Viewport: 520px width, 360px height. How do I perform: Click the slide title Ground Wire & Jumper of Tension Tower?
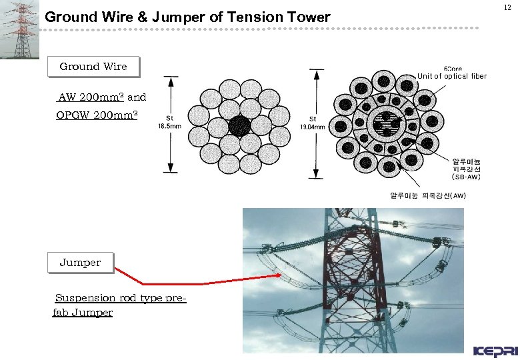187,17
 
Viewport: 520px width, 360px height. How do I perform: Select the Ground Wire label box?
93,67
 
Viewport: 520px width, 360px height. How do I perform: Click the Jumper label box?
80,263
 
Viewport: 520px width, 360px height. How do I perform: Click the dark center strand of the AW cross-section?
240,126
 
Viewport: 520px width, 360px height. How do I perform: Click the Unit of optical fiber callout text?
452,76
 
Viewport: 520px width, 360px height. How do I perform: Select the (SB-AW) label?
466,177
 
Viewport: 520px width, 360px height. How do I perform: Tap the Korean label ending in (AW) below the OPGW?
427,195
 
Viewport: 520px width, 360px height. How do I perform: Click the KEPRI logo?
494,351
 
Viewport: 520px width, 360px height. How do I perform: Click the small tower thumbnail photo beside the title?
19,29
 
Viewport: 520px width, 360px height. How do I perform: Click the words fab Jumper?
83,312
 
